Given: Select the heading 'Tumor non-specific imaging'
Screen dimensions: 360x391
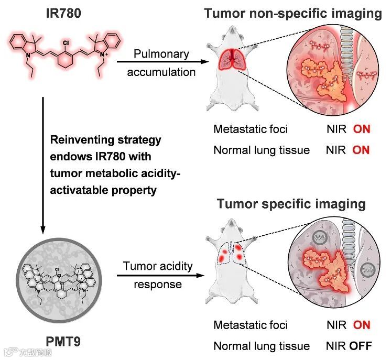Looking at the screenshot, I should [x=293, y=14].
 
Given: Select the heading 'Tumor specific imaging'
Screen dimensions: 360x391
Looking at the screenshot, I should [x=291, y=203].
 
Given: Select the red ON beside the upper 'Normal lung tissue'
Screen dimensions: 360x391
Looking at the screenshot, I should [x=361, y=150].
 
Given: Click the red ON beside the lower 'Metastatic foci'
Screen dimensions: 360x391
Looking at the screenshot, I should [x=361, y=325].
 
